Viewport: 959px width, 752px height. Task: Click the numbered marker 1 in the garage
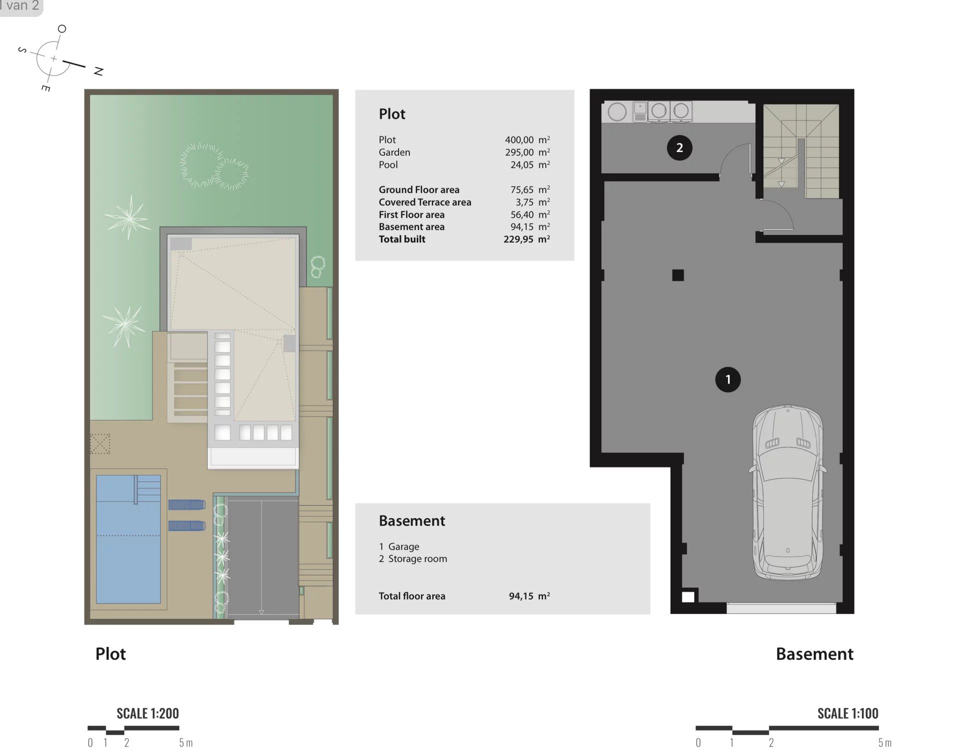click(x=728, y=379)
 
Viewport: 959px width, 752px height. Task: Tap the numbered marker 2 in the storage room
click(x=679, y=147)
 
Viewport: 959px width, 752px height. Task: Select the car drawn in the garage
click(x=787, y=492)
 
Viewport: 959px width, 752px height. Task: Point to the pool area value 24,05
click(x=522, y=165)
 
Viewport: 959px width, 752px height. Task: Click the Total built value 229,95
click(x=518, y=239)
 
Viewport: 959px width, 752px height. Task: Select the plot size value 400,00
click(x=519, y=140)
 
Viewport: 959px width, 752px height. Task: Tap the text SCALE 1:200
click(x=147, y=713)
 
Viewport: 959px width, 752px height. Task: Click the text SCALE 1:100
click(x=848, y=713)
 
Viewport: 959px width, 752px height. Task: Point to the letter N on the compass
click(x=98, y=71)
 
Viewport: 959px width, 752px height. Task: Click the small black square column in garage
click(x=678, y=275)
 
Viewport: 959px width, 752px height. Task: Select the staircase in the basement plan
click(x=801, y=150)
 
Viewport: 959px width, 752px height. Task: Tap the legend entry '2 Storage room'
click(x=413, y=559)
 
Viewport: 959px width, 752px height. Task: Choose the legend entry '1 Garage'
click(x=399, y=547)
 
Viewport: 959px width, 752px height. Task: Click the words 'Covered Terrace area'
click(x=425, y=202)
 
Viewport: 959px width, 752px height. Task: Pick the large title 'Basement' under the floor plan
click(x=814, y=654)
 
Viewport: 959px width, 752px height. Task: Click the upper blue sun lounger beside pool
click(x=186, y=504)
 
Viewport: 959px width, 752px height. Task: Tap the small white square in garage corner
click(x=688, y=596)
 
